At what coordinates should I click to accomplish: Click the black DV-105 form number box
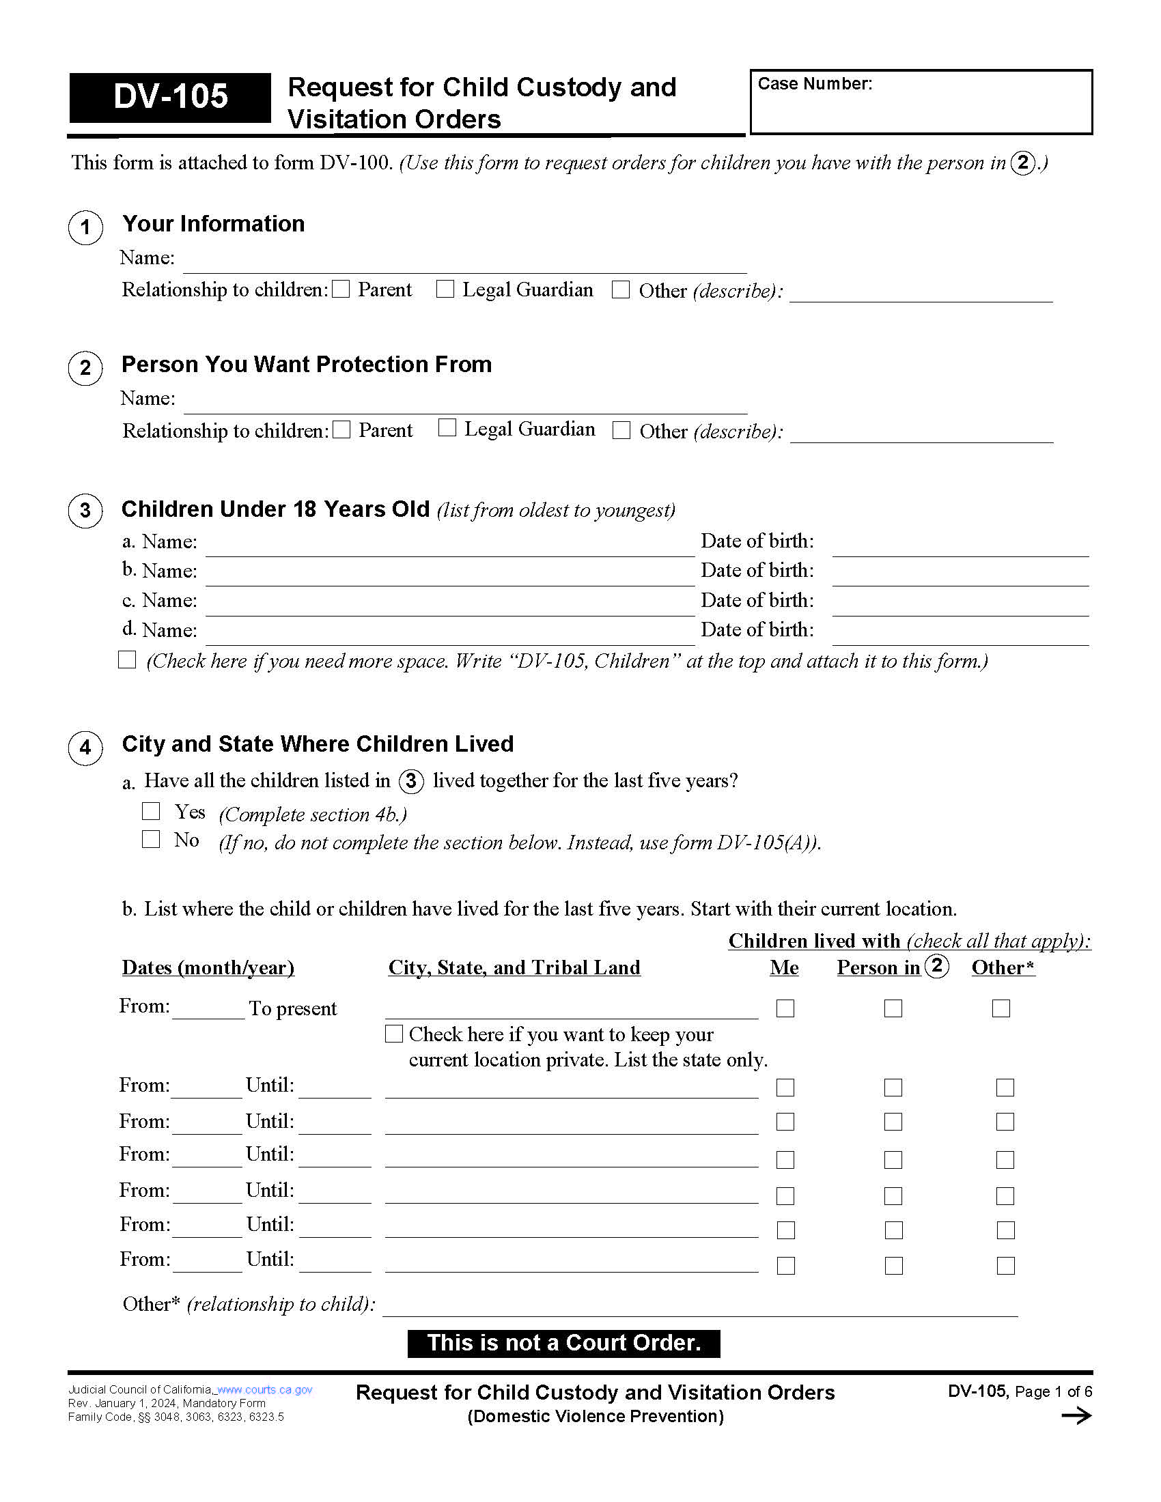pos(170,97)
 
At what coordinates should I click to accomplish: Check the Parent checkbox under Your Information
pos(341,289)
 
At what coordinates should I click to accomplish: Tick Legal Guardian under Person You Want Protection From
pos(447,428)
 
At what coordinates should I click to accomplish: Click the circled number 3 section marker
pos(85,510)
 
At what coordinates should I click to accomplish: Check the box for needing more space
pos(127,660)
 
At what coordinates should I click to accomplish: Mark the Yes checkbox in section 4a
pos(151,811)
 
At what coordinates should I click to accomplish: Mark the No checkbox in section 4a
pos(151,839)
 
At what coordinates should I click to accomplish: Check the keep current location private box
pos(393,1034)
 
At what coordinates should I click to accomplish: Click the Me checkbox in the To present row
pos(785,1008)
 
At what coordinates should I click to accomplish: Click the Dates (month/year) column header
pos(208,967)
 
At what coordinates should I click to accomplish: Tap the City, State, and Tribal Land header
pos(514,967)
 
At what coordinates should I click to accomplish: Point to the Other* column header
pos(1002,967)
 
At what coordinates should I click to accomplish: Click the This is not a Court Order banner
pos(563,1343)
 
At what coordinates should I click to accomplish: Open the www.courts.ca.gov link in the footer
pos(265,1389)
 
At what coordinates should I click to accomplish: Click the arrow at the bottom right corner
pos(1076,1415)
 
